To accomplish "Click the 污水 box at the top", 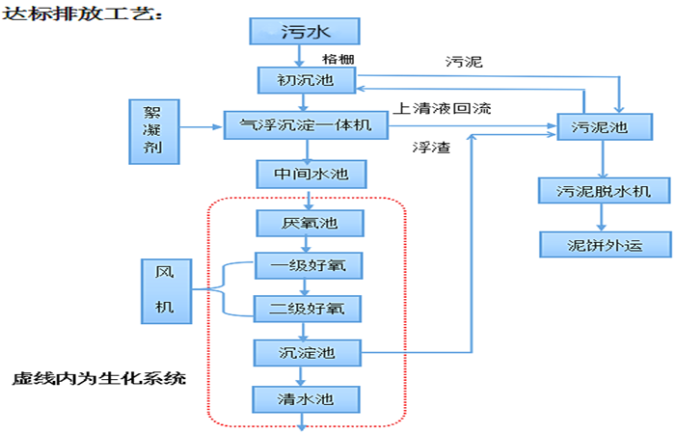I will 305,31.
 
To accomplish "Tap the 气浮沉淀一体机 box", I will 305,124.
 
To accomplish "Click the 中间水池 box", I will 307,174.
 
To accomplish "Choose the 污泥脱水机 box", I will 603,190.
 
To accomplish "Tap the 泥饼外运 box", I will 603,244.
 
